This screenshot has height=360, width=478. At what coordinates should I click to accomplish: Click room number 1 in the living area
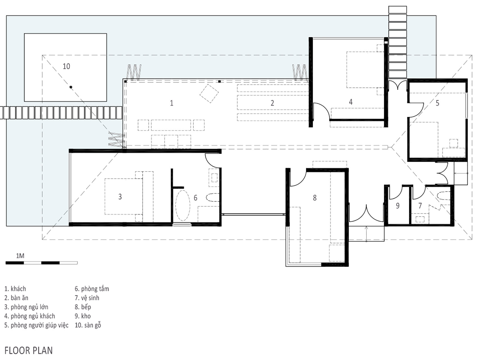[x=172, y=103]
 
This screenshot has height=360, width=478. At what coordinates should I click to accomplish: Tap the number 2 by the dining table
[x=272, y=103]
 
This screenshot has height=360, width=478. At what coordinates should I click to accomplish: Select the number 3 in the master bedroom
[x=120, y=197]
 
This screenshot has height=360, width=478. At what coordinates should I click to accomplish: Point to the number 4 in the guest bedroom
[x=351, y=102]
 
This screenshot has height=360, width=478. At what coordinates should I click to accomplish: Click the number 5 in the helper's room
[x=437, y=103]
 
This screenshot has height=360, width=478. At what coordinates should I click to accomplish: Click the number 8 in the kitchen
[x=315, y=198]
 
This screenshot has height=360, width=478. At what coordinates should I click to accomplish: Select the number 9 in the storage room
[x=398, y=206]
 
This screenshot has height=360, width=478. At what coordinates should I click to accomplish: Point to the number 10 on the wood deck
[x=66, y=66]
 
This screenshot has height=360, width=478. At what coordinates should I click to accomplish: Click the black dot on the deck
[x=71, y=87]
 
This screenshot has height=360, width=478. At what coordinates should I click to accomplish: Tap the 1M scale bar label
[x=20, y=256]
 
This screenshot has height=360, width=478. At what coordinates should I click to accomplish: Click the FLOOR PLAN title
[x=29, y=351]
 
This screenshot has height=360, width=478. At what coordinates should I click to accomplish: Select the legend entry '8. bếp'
[x=83, y=307]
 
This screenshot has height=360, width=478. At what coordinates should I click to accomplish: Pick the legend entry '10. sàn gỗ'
[x=88, y=325]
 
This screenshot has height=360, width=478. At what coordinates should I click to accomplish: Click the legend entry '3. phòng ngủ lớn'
[x=26, y=307]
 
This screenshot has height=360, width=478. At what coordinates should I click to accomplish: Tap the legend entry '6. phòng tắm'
[x=92, y=289]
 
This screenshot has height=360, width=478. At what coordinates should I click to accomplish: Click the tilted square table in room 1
[x=209, y=94]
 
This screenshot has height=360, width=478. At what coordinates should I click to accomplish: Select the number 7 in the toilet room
[x=420, y=206]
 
